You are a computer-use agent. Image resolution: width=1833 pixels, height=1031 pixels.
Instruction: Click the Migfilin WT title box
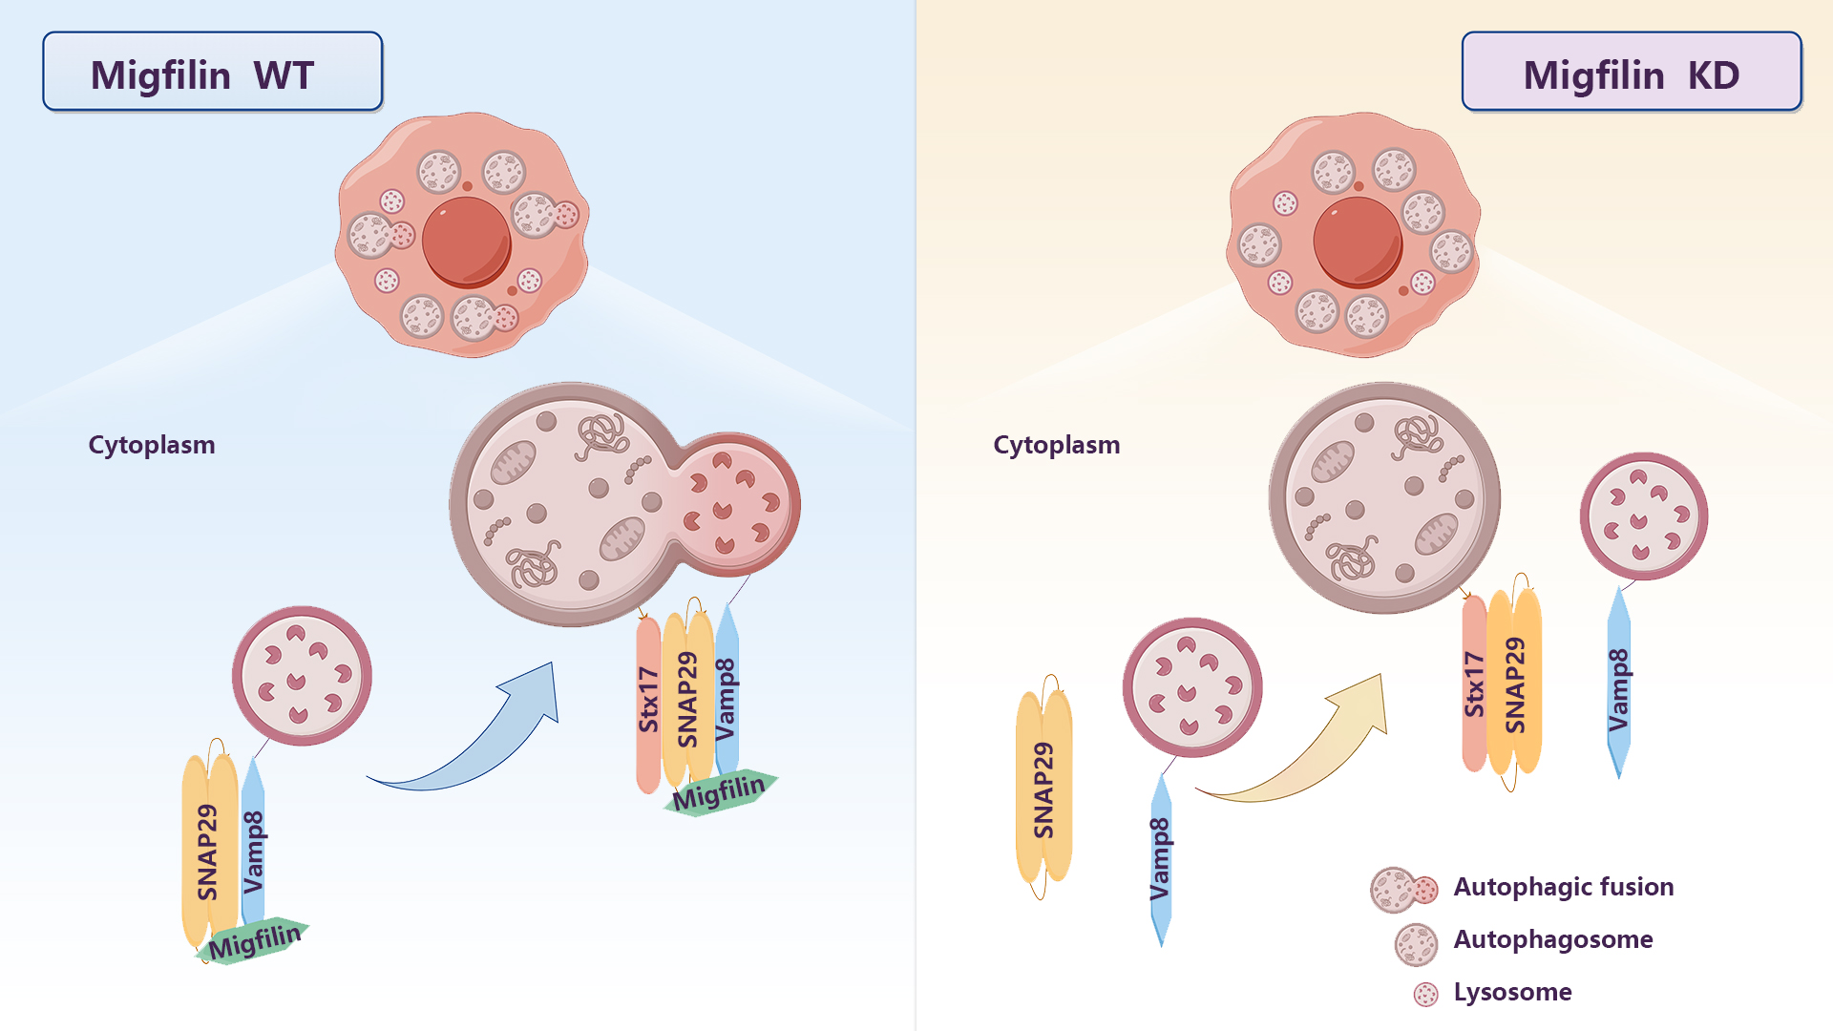point(212,73)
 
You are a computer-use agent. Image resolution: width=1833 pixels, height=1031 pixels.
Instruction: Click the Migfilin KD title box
point(1631,73)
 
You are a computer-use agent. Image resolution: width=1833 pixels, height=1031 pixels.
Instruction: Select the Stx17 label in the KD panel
point(1474,684)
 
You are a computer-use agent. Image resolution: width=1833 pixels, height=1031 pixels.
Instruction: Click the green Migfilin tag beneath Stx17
point(720,792)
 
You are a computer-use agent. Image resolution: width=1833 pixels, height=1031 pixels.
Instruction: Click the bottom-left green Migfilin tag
point(254,941)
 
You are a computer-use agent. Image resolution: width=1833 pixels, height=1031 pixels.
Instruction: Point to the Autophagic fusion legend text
point(1563,887)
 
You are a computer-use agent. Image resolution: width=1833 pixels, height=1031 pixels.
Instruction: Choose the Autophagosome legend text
point(1552,939)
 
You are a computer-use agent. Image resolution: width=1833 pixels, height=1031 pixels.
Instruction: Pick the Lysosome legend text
point(1512,992)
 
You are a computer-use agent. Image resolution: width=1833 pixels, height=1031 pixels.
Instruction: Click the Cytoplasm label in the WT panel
point(152,445)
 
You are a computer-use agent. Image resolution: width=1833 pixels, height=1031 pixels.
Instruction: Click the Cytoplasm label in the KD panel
point(1056,445)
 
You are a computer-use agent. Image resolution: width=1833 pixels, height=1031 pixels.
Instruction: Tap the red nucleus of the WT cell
point(466,241)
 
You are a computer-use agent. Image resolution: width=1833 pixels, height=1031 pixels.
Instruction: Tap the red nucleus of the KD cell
point(1358,241)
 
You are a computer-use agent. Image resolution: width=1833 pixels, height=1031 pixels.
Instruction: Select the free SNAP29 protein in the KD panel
point(1043,789)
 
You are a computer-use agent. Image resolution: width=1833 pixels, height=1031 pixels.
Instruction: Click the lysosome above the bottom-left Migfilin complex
point(302,676)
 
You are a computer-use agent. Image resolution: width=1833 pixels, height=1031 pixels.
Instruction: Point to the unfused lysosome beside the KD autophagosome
point(1643,515)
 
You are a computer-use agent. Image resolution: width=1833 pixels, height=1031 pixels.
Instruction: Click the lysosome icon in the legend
point(1425,994)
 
